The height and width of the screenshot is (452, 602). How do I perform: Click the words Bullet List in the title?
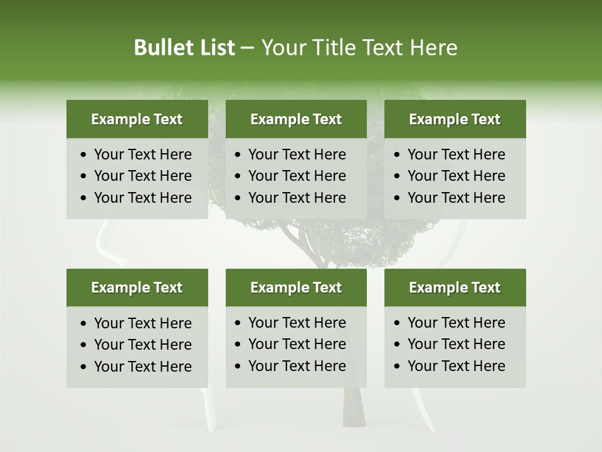pos(184,48)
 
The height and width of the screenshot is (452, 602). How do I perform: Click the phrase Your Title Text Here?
pos(359,48)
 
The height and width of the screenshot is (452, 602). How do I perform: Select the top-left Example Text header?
pos(137,119)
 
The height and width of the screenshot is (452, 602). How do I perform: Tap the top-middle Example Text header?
pos(296,119)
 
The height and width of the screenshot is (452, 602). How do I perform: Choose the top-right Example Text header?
pos(455,119)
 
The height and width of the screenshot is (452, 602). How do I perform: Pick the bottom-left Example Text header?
pos(137,288)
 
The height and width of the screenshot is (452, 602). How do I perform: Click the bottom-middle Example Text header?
pos(296,288)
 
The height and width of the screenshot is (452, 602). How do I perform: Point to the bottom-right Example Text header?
pos(455,288)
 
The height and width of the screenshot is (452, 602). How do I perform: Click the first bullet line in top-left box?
pos(142,154)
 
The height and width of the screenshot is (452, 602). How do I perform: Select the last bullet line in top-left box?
pos(142,198)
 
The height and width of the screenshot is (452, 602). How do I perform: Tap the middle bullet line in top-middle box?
pos(297,176)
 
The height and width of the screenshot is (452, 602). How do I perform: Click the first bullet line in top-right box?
pos(456,154)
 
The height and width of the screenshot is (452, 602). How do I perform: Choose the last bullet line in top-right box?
pos(456,198)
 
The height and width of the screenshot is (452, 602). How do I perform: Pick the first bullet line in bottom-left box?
pos(142,323)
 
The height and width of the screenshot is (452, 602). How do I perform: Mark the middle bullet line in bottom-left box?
pos(142,345)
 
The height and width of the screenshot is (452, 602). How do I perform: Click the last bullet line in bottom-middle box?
pos(297,366)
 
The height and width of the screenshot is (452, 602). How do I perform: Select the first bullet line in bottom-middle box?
pos(297,323)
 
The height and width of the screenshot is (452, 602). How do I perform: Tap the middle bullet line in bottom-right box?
pos(456,344)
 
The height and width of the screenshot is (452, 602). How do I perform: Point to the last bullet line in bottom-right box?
pos(456,366)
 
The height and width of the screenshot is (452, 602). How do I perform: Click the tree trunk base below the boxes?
pos(354,411)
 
